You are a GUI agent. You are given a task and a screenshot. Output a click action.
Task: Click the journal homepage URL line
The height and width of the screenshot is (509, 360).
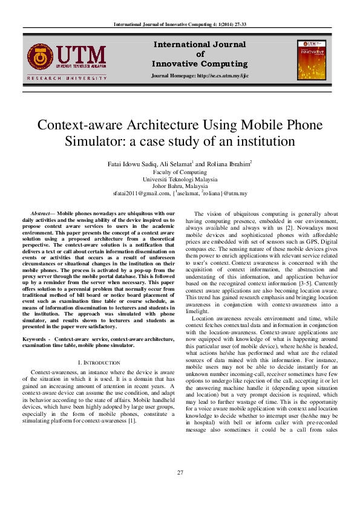199,76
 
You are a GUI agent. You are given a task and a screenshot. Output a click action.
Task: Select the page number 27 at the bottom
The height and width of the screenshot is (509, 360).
180,472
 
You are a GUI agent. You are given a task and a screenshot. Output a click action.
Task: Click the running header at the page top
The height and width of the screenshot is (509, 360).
180,24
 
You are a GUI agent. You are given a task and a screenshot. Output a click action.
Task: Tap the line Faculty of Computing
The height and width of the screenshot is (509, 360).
180,172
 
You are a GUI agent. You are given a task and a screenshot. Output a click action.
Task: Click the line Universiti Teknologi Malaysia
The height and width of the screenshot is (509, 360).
180,180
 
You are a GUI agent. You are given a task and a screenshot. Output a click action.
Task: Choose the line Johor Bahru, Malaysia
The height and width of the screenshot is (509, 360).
180,186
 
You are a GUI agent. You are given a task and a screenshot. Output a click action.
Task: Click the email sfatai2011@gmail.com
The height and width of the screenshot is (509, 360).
140,193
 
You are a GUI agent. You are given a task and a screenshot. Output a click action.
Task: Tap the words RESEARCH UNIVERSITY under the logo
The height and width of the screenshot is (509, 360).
67,78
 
